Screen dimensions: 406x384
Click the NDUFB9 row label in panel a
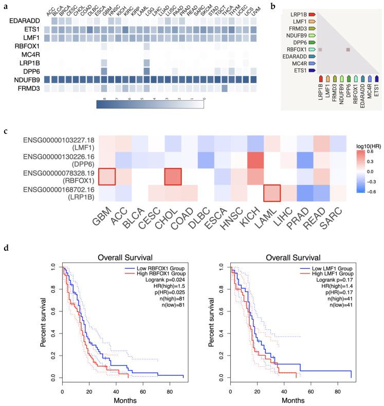coord(24,80)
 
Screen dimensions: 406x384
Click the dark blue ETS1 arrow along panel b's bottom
coord(377,78)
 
